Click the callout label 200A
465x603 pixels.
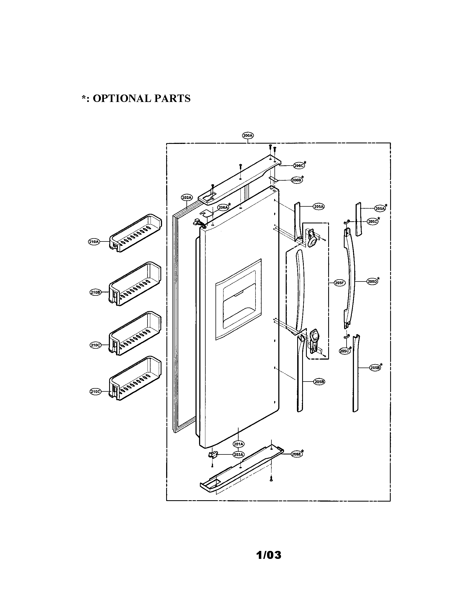click(248, 136)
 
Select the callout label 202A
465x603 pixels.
click(187, 197)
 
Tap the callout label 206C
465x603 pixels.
click(299, 166)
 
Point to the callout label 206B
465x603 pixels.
click(297, 180)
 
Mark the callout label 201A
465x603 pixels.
click(238, 444)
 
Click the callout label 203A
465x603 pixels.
click(238, 454)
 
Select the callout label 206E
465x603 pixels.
click(296, 454)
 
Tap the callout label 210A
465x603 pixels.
click(93, 242)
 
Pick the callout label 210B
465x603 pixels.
click(95, 293)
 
